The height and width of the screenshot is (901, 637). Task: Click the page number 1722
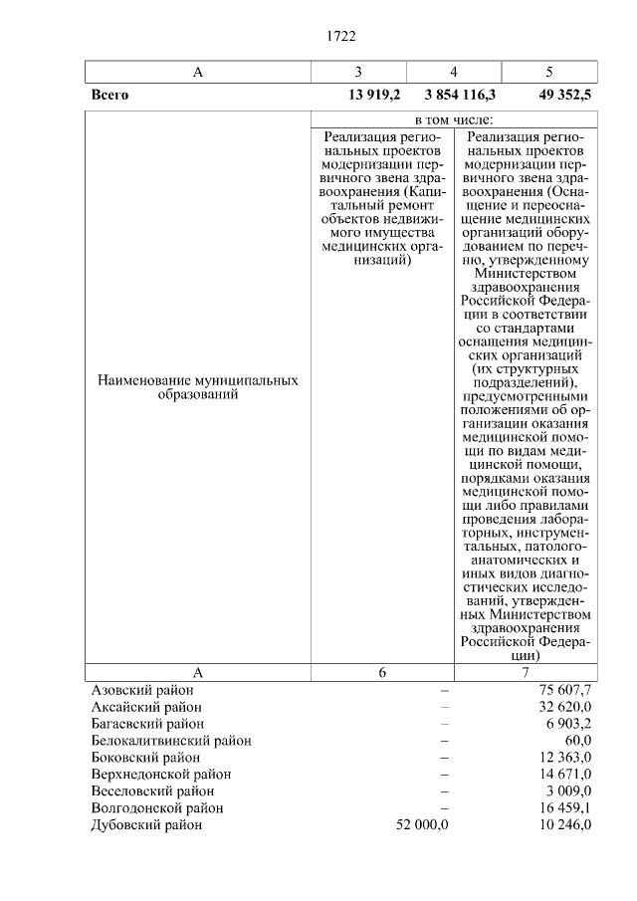[340, 37]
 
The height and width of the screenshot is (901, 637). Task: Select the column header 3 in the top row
[358, 72]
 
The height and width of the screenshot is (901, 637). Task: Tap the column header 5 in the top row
[549, 72]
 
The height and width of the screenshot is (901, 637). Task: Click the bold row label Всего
[109, 96]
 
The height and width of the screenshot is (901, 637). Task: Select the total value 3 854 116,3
[460, 96]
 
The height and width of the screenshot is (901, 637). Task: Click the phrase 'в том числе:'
[454, 119]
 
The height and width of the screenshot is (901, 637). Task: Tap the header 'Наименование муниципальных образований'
[197, 387]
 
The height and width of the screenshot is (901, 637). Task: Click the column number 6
[382, 672]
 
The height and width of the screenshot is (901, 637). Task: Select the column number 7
[527, 672]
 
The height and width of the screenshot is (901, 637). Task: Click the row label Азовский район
[142, 689]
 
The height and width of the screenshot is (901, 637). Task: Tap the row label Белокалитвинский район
[170, 740]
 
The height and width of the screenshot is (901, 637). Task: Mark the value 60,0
[578, 740]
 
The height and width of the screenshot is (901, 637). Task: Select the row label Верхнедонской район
[160, 774]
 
